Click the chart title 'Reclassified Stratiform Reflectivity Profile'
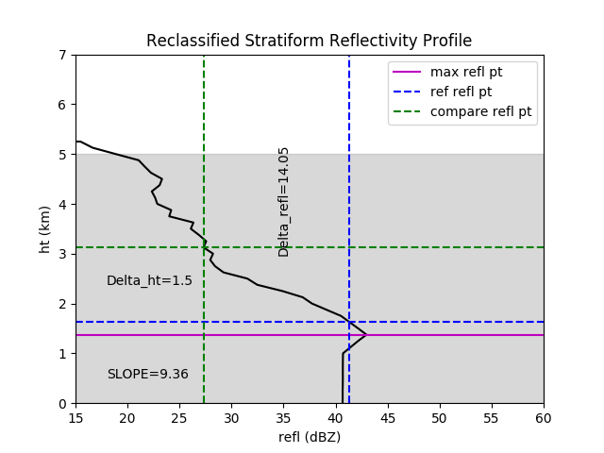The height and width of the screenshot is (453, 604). point(309,41)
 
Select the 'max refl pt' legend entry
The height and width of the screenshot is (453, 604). point(468,73)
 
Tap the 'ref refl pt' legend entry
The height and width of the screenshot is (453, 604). point(461,92)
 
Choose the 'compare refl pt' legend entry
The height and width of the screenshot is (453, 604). point(480,112)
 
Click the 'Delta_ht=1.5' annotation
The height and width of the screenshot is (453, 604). point(149,280)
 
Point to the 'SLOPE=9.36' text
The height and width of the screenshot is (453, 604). point(147,374)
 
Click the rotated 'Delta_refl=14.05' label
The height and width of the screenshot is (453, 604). point(284,201)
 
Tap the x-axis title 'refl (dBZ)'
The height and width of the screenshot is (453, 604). point(309,437)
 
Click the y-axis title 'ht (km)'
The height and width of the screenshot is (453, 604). point(44,229)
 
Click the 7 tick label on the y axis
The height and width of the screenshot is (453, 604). point(62,55)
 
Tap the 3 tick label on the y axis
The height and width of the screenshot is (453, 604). point(62,254)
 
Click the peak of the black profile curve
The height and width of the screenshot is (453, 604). point(366,335)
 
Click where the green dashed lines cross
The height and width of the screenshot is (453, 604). point(204,247)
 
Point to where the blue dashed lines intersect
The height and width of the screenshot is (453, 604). point(349,322)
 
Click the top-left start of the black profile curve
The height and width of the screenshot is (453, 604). point(76,142)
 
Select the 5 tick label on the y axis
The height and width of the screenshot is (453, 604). point(62,154)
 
